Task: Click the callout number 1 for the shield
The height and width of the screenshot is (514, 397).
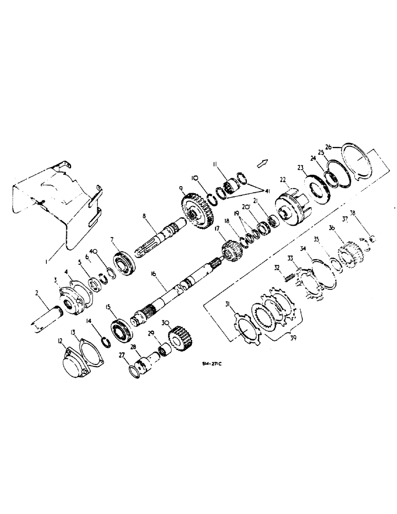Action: [46, 262]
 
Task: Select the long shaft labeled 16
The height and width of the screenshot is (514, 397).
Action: [175, 293]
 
